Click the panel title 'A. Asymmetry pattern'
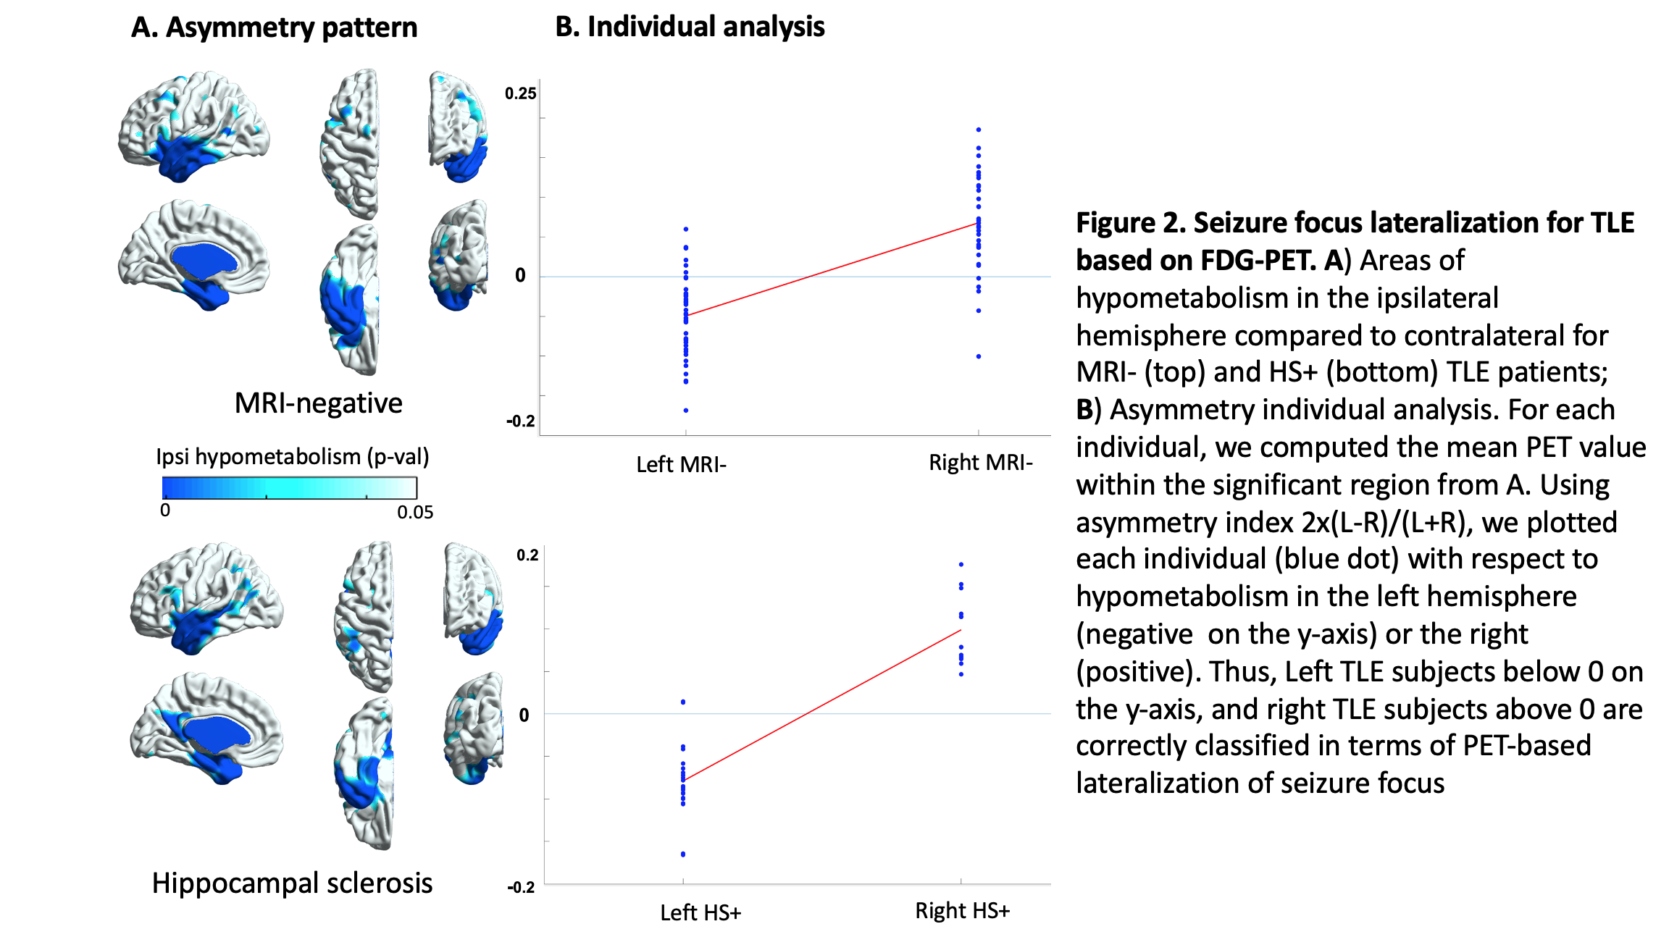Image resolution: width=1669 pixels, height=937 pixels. pyautogui.click(x=274, y=28)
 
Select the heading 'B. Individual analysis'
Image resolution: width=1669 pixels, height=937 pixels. pyautogui.click(x=690, y=27)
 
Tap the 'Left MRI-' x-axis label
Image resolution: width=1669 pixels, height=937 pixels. pyautogui.click(x=681, y=464)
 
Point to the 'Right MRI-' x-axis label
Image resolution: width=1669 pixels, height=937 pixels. pyautogui.click(x=980, y=462)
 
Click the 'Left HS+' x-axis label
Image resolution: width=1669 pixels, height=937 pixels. pyautogui.click(x=700, y=912)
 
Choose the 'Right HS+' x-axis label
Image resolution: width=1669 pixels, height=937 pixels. pyautogui.click(x=962, y=910)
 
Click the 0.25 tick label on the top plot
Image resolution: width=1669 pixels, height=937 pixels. pyautogui.click(x=520, y=93)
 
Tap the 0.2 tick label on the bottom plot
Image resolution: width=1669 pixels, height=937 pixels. pyautogui.click(x=527, y=555)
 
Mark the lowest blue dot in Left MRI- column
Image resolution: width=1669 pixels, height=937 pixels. pyautogui.click(x=686, y=411)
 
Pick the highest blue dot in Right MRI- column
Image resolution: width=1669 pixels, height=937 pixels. pyautogui.click(x=979, y=130)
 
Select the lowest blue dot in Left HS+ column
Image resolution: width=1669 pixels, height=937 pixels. pyautogui.click(x=683, y=854)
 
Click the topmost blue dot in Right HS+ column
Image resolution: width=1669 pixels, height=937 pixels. pyautogui.click(x=961, y=564)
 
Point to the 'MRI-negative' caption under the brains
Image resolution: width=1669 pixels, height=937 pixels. pyautogui.click(x=318, y=403)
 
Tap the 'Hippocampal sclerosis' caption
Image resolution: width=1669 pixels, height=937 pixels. pyautogui.click(x=292, y=883)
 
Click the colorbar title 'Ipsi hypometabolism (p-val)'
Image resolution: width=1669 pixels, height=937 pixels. pyautogui.click(x=292, y=457)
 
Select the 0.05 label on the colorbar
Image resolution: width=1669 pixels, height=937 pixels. pyautogui.click(x=415, y=513)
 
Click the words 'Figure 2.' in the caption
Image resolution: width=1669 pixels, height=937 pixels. pyautogui.click(x=1130, y=222)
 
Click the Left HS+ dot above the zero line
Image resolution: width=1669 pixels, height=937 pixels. pyautogui.click(x=683, y=702)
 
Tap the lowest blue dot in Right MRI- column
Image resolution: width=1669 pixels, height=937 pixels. pyautogui.click(x=979, y=356)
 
